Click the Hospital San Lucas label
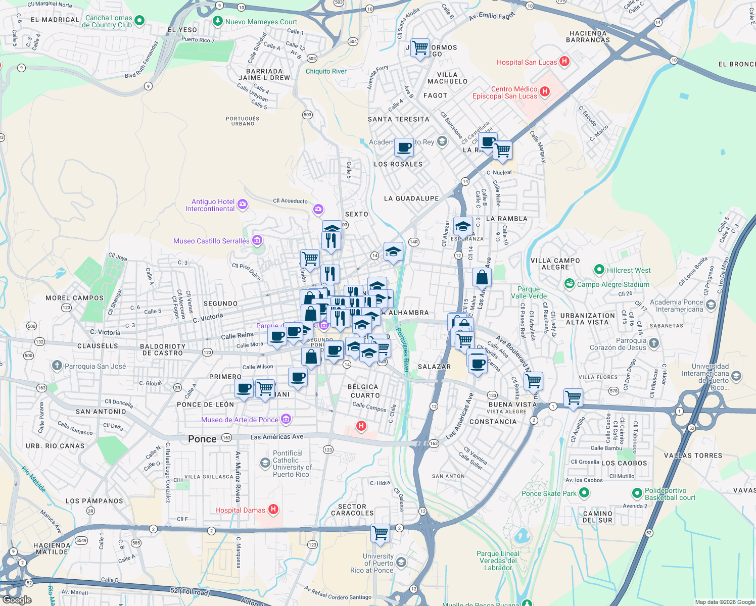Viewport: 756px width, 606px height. tap(527, 62)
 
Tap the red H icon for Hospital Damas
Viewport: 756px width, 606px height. tap(273, 509)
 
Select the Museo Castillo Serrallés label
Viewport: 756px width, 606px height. tap(211, 241)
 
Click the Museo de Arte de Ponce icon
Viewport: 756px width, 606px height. tap(286, 419)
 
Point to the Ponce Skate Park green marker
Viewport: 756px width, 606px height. tap(585, 492)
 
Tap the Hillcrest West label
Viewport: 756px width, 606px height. tap(629, 270)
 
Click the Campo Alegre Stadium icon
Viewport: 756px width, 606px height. tap(570, 284)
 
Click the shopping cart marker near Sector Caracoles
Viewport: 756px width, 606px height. tap(380, 533)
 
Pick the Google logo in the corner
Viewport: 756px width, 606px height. tap(17, 600)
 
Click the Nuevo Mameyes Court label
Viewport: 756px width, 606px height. tap(261, 22)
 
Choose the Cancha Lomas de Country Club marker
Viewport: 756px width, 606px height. tap(139, 21)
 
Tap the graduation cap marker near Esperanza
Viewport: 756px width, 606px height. tap(463, 227)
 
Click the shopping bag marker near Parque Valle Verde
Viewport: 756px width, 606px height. tap(482, 277)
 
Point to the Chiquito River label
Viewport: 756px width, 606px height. tap(326, 71)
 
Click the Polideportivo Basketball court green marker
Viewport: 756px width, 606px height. tap(637, 492)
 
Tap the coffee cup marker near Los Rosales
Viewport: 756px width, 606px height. tap(404, 147)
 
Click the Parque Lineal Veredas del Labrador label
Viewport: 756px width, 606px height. tap(498, 561)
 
